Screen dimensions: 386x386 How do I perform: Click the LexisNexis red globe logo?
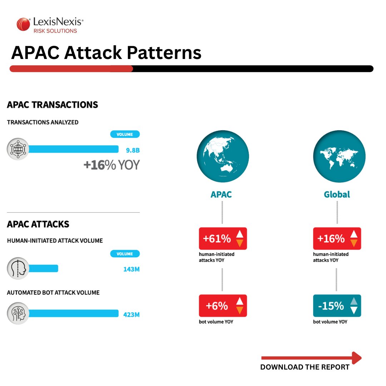click(23, 25)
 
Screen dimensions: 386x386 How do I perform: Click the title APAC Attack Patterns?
click(106, 53)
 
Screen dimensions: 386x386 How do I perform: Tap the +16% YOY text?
click(111, 165)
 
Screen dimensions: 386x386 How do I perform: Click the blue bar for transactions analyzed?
click(73, 149)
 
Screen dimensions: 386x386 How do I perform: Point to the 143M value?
click(131, 269)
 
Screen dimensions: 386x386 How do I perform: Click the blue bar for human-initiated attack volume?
click(43, 268)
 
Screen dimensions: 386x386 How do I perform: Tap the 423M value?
click(131, 315)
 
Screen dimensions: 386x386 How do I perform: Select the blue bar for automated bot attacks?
click(73, 313)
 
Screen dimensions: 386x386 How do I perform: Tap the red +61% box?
click(223, 238)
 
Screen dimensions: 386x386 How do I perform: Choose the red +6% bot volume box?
click(223, 306)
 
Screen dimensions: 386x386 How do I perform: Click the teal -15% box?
click(337, 306)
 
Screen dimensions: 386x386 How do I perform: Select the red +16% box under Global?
click(337, 238)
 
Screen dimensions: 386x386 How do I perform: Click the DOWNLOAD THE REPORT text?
click(305, 367)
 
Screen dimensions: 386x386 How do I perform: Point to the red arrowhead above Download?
click(357, 358)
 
